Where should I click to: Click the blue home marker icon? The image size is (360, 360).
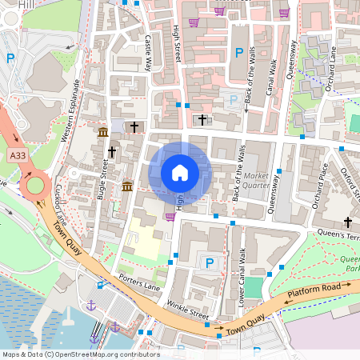click(x=180, y=172)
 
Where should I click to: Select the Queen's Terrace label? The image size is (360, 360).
click(x=340, y=235)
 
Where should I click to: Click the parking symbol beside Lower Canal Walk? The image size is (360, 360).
click(x=210, y=262)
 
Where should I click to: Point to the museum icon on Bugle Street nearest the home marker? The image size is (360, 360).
click(x=128, y=186)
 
